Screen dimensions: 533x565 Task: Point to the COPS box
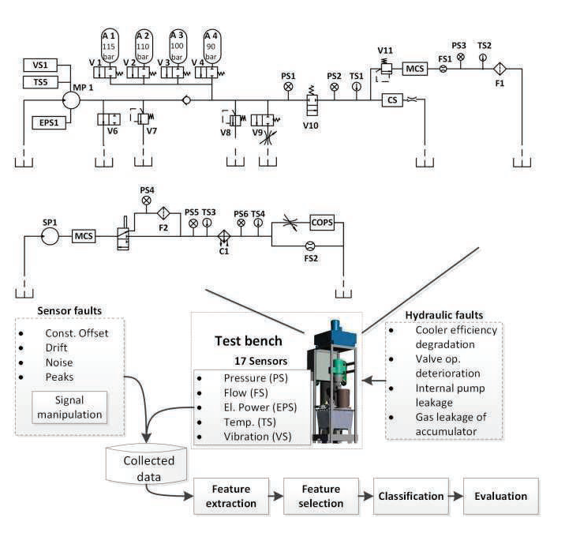(322, 223)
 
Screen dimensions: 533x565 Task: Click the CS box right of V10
(392, 100)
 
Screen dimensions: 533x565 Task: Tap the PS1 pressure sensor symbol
(288, 86)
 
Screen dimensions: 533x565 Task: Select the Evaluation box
(500, 497)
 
